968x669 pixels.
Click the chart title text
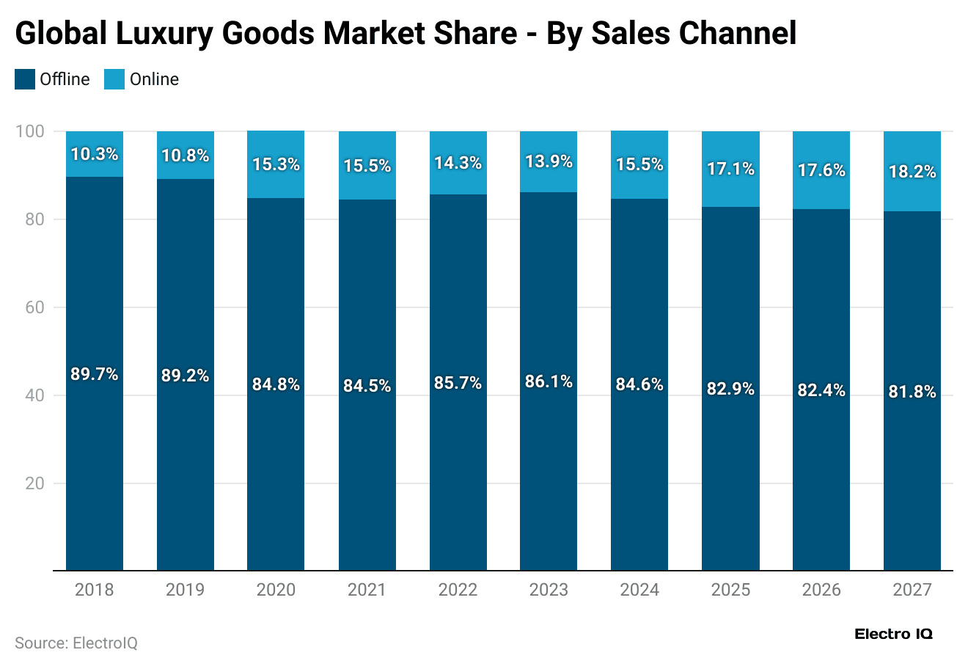[406, 33]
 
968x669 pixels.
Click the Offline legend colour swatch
[25, 79]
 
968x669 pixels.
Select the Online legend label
[154, 79]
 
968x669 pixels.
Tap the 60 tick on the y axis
[34, 307]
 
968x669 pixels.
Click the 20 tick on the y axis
[34, 483]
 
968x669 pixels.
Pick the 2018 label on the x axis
[95, 590]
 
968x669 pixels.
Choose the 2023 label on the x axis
[549, 590]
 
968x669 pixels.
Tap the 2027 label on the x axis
[912, 590]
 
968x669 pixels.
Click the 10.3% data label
[95, 154]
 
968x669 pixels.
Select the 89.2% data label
[186, 376]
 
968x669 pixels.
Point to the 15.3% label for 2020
[276, 164]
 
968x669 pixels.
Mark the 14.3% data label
[458, 163]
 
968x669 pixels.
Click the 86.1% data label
[549, 381]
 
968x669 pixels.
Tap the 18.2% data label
[912, 172]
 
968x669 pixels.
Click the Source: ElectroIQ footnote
[76, 643]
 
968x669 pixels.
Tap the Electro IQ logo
[893, 635]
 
